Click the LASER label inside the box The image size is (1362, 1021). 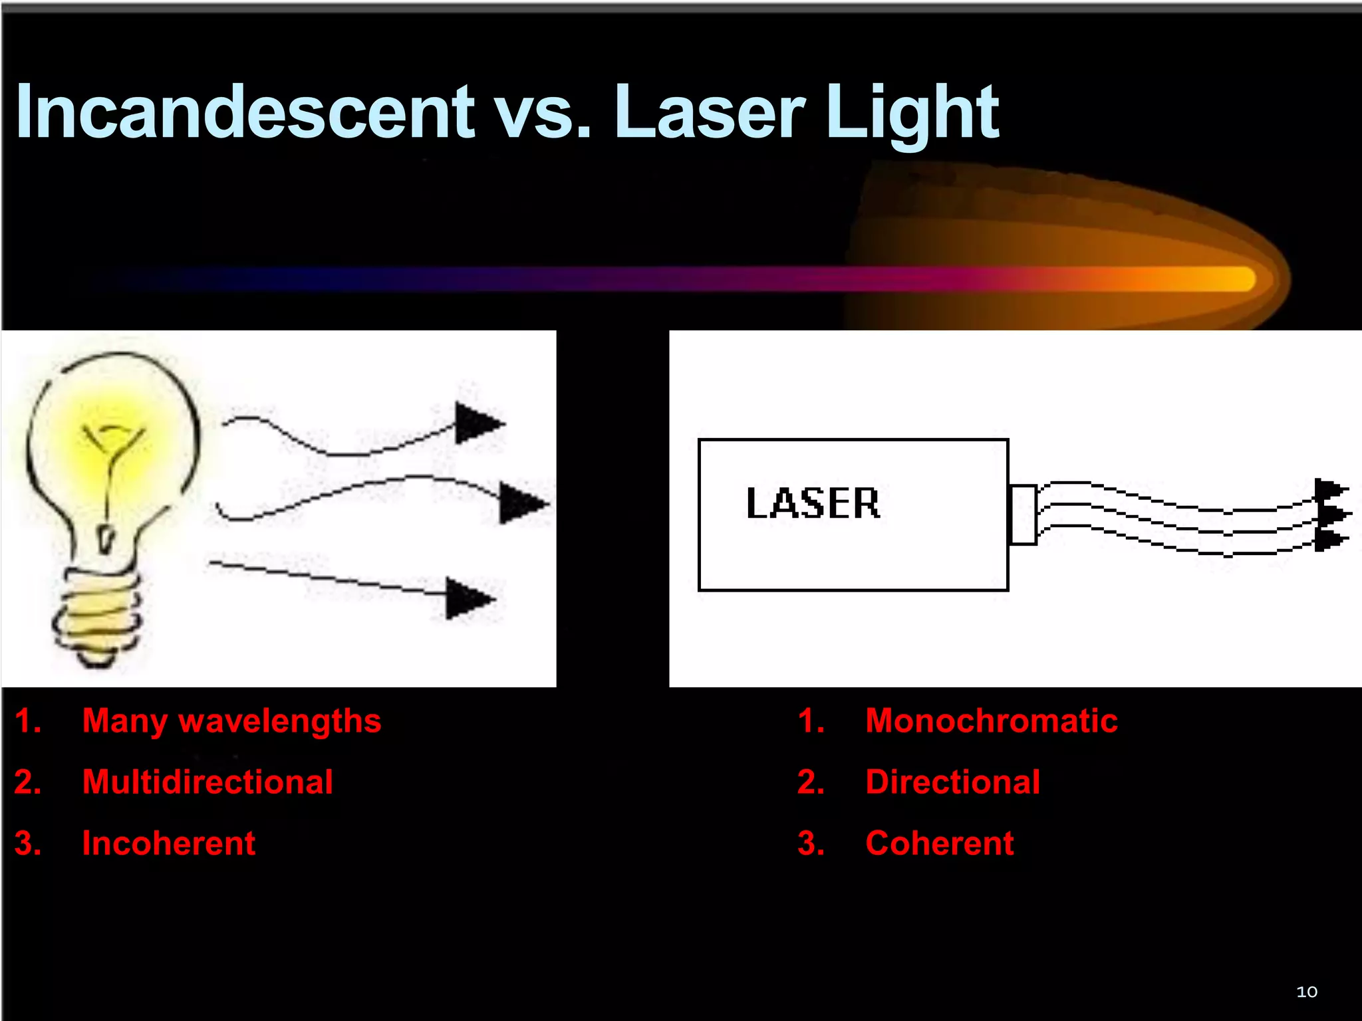[x=813, y=503]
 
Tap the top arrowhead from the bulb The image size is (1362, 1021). [x=476, y=423]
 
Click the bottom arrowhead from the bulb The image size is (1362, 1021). [x=467, y=598]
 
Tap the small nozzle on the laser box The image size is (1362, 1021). [x=1023, y=514]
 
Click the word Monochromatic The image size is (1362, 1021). [x=991, y=721]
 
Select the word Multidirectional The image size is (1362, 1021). [x=207, y=782]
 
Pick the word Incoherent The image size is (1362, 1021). [x=168, y=844]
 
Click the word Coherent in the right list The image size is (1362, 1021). [x=939, y=844]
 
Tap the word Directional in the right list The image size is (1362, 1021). [x=952, y=782]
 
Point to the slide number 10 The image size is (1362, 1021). [x=1306, y=992]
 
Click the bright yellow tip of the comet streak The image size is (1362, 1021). [x=1237, y=279]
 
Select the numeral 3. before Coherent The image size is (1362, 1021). [x=810, y=844]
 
